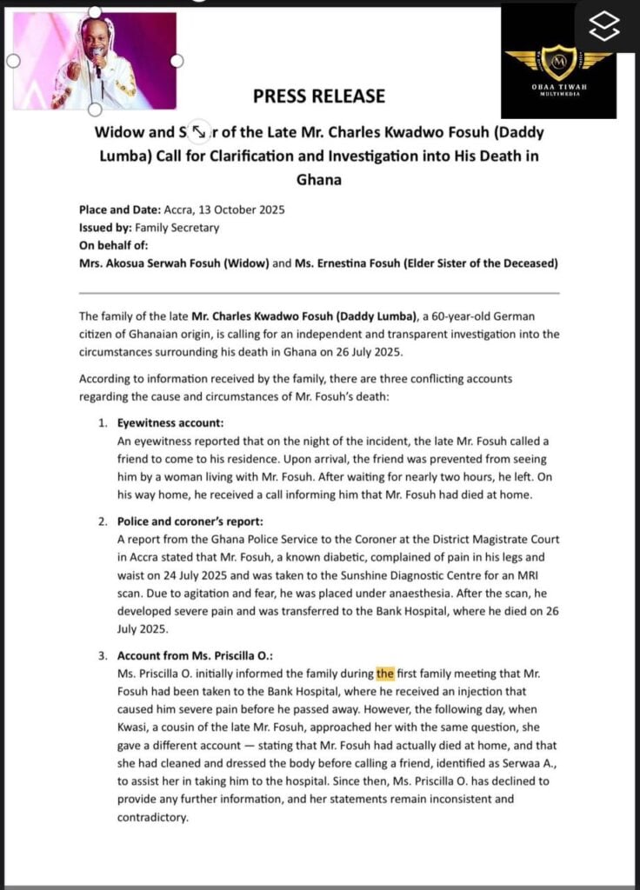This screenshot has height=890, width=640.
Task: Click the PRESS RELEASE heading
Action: coord(319,96)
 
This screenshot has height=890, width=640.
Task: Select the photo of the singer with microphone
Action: coord(95,61)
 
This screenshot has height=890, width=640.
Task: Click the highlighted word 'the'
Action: coord(385,673)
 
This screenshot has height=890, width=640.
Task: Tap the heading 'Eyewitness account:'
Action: coord(170,423)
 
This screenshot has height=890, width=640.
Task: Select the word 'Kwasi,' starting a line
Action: coord(135,727)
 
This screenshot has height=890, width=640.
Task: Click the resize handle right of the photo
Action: coord(177,61)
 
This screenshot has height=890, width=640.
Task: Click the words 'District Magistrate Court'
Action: coord(477,539)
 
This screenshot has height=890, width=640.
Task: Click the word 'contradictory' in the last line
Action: coord(152,818)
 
